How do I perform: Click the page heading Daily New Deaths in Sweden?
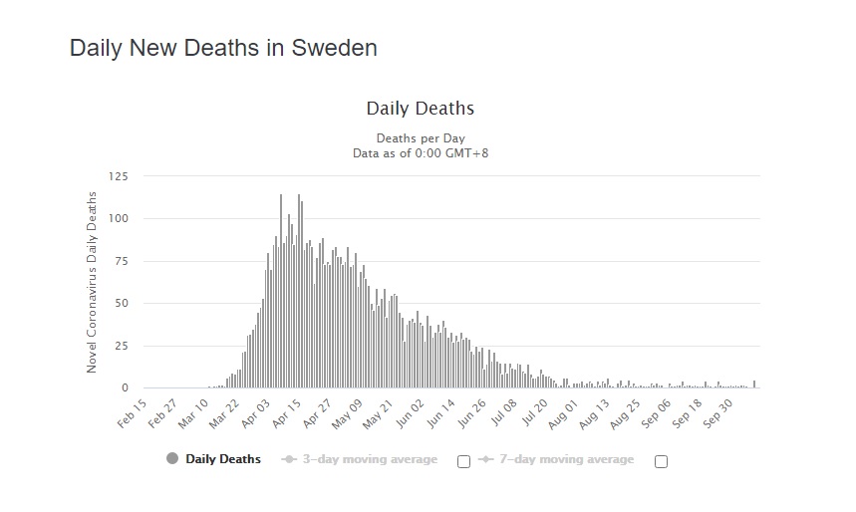tap(223, 48)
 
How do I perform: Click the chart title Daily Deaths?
tap(420, 108)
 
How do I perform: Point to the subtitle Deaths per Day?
tap(420, 137)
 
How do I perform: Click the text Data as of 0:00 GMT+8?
tap(420, 152)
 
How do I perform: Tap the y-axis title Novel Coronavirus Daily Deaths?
tap(92, 283)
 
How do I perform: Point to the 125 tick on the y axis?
tap(119, 176)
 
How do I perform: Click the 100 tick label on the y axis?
tap(119, 218)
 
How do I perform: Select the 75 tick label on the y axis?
tap(122, 261)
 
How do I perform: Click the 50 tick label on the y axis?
tap(122, 303)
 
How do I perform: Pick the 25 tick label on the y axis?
tap(122, 346)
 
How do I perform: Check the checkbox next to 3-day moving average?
tap(463, 461)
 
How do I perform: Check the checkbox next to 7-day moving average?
tap(661, 461)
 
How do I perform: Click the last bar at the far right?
tap(754, 384)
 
